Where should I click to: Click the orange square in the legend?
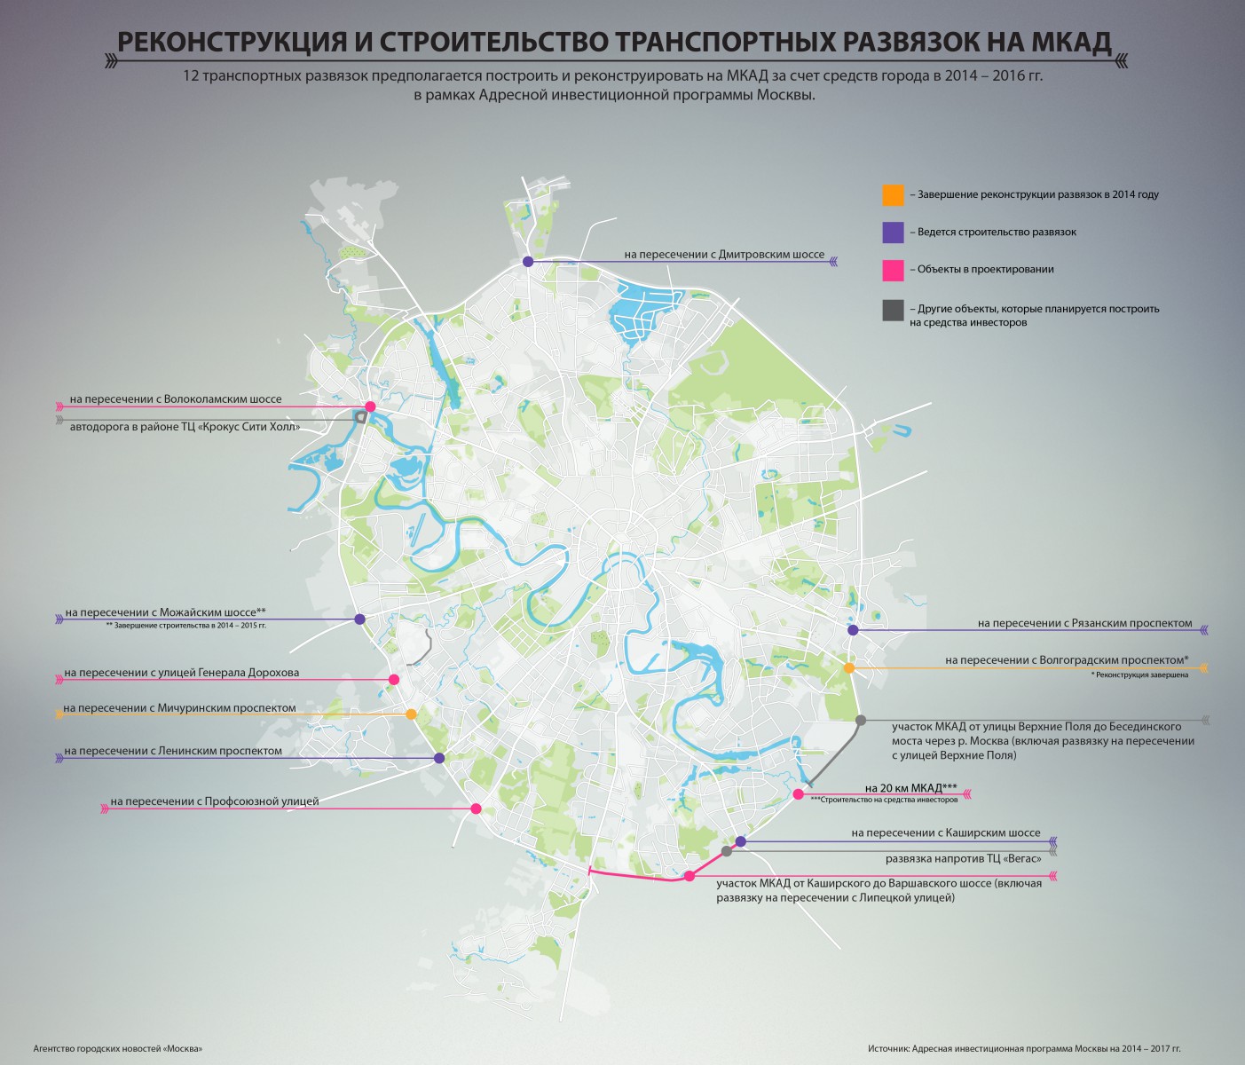coord(893,194)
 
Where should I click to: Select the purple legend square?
coord(893,232)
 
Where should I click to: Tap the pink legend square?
coord(893,270)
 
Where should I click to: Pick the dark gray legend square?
coord(893,310)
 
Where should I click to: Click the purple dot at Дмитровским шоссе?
coord(528,262)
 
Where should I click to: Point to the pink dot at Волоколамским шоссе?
coord(371,406)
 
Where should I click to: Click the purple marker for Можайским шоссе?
coord(359,619)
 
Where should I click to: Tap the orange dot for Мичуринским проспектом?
coord(411,714)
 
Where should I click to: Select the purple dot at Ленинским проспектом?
coord(439,758)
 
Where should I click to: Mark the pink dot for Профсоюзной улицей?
coord(476,809)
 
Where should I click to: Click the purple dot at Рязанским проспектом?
coord(853,630)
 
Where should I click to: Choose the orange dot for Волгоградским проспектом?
coord(848,667)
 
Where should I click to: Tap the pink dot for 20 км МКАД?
coord(798,794)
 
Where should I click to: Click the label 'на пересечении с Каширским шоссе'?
coord(945,833)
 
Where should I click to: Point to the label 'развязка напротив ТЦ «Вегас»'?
coord(962,859)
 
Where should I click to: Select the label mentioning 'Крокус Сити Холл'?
coord(185,427)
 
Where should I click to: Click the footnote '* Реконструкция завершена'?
coord(1139,675)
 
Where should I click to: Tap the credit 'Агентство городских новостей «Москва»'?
coord(118,1049)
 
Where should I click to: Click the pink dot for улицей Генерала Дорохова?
coord(393,680)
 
